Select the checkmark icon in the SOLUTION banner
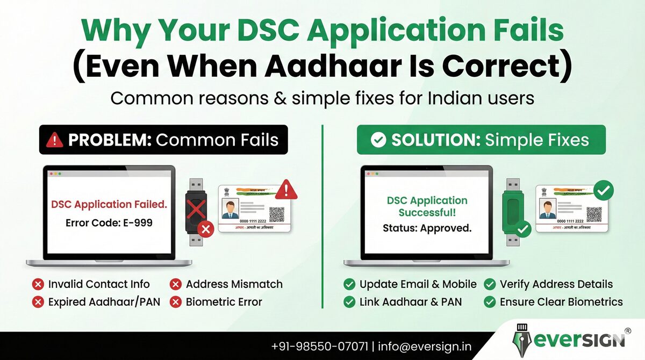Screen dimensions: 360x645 pyautogui.click(x=378, y=140)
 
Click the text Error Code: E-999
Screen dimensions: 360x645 pyautogui.click(x=109, y=222)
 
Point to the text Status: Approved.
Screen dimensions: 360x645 pyautogui.click(x=427, y=228)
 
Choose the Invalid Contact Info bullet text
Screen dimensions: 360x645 pyautogui.click(x=99, y=284)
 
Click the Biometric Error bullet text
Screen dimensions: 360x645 pyautogui.click(x=224, y=302)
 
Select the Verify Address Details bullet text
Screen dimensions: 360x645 pyautogui.click(x=556, y=284)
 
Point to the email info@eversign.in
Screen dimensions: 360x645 pyautogui.click(x=425, y=347)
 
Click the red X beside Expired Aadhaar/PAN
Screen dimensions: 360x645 pyautogui.click(x=38, y=302)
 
